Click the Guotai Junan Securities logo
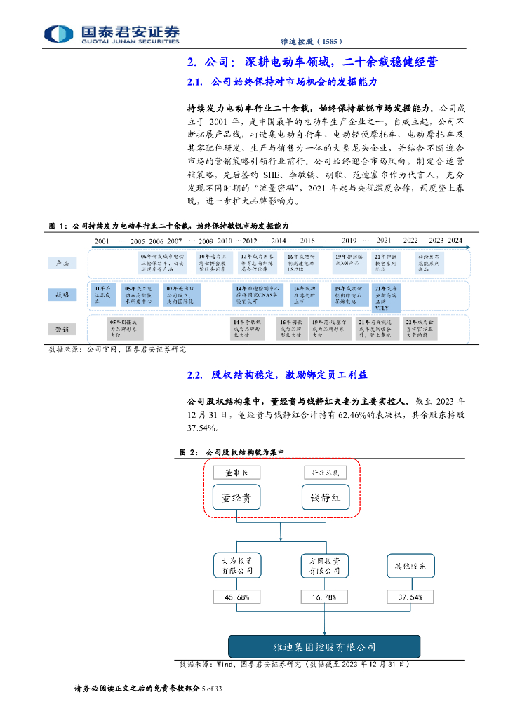[x=112, y=33]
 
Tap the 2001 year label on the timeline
[x=102, y=241]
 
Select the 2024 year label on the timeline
[x=456, y=241]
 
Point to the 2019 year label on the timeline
[x=349, y=241]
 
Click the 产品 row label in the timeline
[x=62, y=263]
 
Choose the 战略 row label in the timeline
[x=62, y=295]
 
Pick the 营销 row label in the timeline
[x=62, y=327]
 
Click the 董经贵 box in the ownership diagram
[x=236, y=499]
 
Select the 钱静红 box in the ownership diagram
[x=325, y=499]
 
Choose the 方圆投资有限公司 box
[x=325, y=566]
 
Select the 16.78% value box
[x=325, y=597]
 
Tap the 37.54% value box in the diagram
[x=410, y=597]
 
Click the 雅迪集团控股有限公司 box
[x=324, y=646]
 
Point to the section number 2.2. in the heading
[x=195, y=375]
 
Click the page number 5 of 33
[x=212, y=690]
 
